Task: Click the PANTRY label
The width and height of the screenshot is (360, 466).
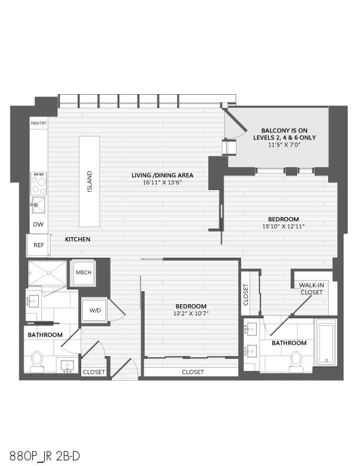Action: pos(39,123)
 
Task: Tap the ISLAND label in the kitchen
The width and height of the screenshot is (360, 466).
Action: pos(89,181)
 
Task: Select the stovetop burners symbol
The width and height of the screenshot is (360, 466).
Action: pos(39,184)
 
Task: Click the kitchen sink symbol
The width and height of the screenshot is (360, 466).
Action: pos(39,205)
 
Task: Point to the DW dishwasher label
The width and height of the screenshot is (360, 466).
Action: pos(38,224)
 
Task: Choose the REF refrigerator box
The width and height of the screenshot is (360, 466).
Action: pos(38,245)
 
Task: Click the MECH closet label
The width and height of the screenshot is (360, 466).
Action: pos(84,272)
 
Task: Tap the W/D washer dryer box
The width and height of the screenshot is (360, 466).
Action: pos(95,310)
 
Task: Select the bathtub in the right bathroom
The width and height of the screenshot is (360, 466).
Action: pos(326,342)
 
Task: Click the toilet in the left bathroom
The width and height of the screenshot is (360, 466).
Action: pos(38,362)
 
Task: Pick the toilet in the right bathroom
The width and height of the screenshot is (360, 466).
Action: pos(296,362)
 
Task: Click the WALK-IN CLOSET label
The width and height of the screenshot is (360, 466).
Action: pos(311,288)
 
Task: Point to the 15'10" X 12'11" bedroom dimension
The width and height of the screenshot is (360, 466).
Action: pos(284,227)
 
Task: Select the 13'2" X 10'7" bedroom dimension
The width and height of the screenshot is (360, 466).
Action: pos(191,313)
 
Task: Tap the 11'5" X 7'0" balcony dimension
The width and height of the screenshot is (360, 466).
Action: pos(284,145)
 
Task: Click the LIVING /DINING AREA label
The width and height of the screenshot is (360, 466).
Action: pos(162,175)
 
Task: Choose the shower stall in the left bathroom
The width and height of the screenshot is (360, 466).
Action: pos(48,273)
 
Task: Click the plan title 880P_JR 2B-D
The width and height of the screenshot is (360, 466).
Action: pos(45,456)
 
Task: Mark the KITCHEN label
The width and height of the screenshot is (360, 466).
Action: pos(78,239)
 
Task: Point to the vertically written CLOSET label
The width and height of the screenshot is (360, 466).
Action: pos(246,295)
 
